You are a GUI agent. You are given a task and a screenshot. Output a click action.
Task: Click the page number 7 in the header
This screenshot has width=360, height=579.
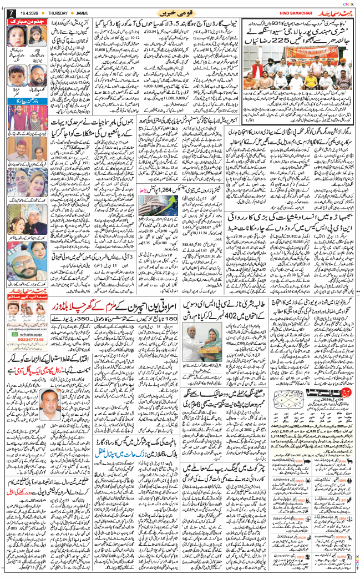point(8,13)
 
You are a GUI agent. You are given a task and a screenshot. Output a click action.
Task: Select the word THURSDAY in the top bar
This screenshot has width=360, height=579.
point(63,13)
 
